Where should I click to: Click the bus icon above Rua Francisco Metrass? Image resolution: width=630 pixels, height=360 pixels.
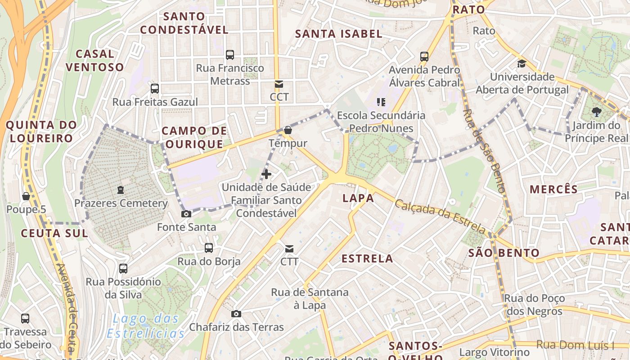pyautogui.click(x=230, y=55)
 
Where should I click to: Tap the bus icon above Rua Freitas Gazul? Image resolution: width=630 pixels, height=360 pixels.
pyautogui.click(x=155, y=88)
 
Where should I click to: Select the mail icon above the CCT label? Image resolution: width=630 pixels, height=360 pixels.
pyautogui.click(x=279, y=84)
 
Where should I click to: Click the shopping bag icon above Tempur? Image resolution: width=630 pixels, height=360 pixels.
pyautogui.click(x=288, y=130)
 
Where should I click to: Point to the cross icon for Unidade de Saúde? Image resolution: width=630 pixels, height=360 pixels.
pyautogui.click(x=266, y=174)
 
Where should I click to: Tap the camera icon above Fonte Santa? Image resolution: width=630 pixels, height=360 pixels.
pyautogui.click(x=186, y=214)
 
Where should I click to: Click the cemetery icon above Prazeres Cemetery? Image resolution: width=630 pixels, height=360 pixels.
pyautogui.click(x=121, y=190)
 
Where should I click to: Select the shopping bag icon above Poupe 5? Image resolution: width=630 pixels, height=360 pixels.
pyautogui.click(x=26, y=196)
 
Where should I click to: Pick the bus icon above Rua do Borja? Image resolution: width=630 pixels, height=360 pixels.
pyautogui.click(x=209, y=247)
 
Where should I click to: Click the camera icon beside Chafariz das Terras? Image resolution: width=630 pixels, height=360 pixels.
pyautogui.click(x=236, y=314)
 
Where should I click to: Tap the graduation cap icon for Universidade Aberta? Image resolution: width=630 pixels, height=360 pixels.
pyautogui.click(x=522, y=63)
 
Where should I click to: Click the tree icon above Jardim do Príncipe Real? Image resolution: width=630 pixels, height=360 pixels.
pyautogui.click(x=597, y=111)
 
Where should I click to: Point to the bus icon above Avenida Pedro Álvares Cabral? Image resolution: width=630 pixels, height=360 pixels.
pyautogui.click(x=424, y=56)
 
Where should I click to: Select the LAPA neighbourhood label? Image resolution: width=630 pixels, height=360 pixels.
pyautogui.click(x=358, y=198)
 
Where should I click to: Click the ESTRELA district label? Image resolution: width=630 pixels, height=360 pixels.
pyautogui.click(x=367, y=259)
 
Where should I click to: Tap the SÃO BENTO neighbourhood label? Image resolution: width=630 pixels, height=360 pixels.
pyautogui.click(x=504, y=253)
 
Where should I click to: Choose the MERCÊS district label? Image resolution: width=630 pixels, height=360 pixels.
pyautogui.click(x=553, y=189)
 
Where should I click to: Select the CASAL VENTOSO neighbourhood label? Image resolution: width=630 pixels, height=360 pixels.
pyautogui.click(x=94, y=61)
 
